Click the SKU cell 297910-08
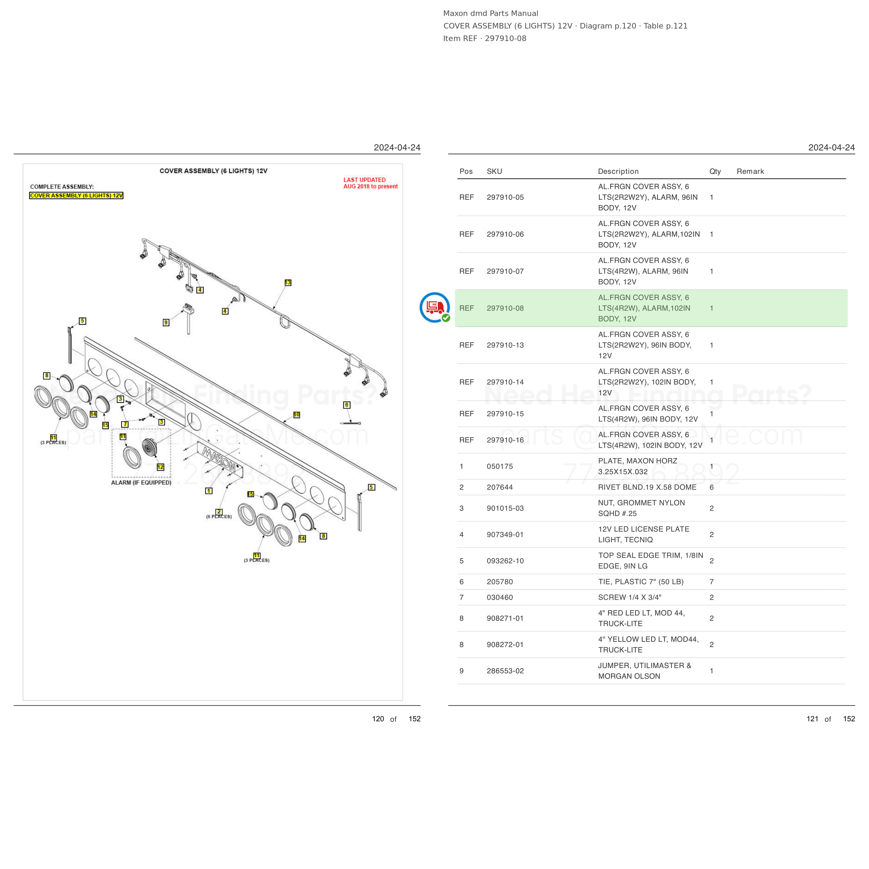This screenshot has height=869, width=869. click(505, 308)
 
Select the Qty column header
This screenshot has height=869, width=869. click(715, 171)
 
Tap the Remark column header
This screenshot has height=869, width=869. click(750, 171)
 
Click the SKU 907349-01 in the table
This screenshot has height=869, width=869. click(505, 534)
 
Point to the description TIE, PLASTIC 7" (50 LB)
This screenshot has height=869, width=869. click(641, 582)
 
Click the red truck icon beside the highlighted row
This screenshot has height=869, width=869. click(434, 307)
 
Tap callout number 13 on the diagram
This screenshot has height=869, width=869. click(288, 283)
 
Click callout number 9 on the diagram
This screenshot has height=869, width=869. click(166, 323)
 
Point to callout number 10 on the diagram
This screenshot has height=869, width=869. click(297, 415)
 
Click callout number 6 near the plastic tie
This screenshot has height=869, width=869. click(346, 405)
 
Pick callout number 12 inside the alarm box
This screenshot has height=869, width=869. click(161, 467)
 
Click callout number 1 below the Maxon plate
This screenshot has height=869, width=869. click(209, 491)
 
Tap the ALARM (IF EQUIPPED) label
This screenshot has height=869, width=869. click(141, 482)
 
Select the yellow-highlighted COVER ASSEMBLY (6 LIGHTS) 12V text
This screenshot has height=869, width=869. click(76, 196)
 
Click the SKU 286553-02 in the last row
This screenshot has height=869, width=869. click(505, 671)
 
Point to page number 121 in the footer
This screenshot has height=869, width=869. click(812, 719)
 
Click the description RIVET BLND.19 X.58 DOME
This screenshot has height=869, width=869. click(647, 487)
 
